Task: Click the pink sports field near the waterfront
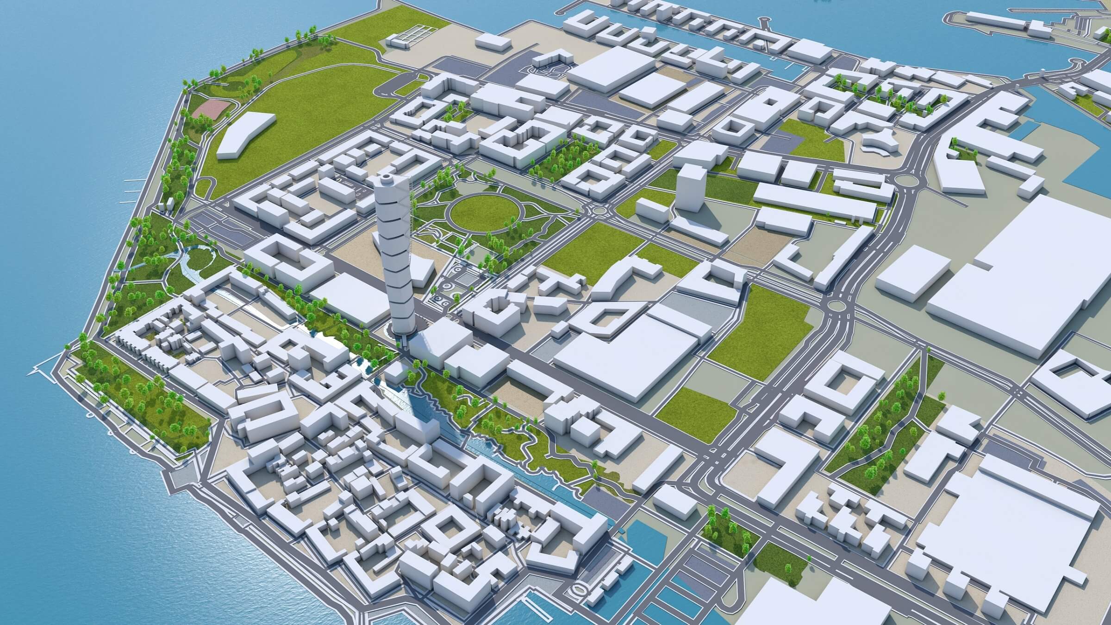[211, 109]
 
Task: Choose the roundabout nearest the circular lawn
[597, 211]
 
